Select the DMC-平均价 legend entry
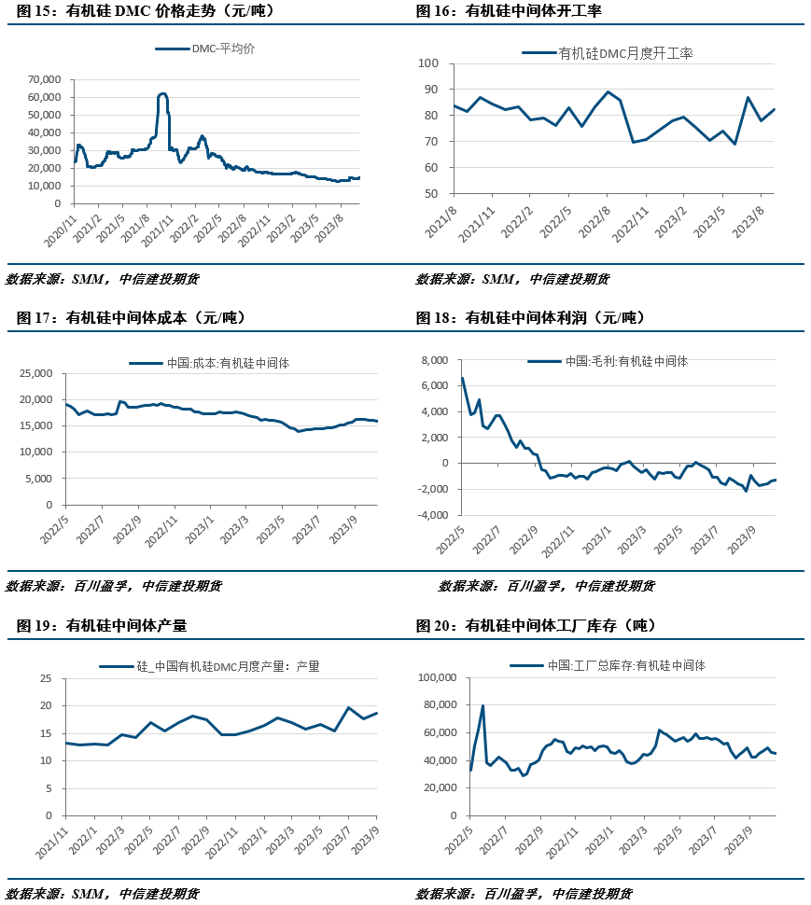(x=223, y=49)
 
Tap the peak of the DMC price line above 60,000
(x=162, y=93)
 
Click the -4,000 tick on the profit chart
(x=432, y=515)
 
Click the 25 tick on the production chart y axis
(x=45, y=678)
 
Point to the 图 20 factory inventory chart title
(x=537, y=625)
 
